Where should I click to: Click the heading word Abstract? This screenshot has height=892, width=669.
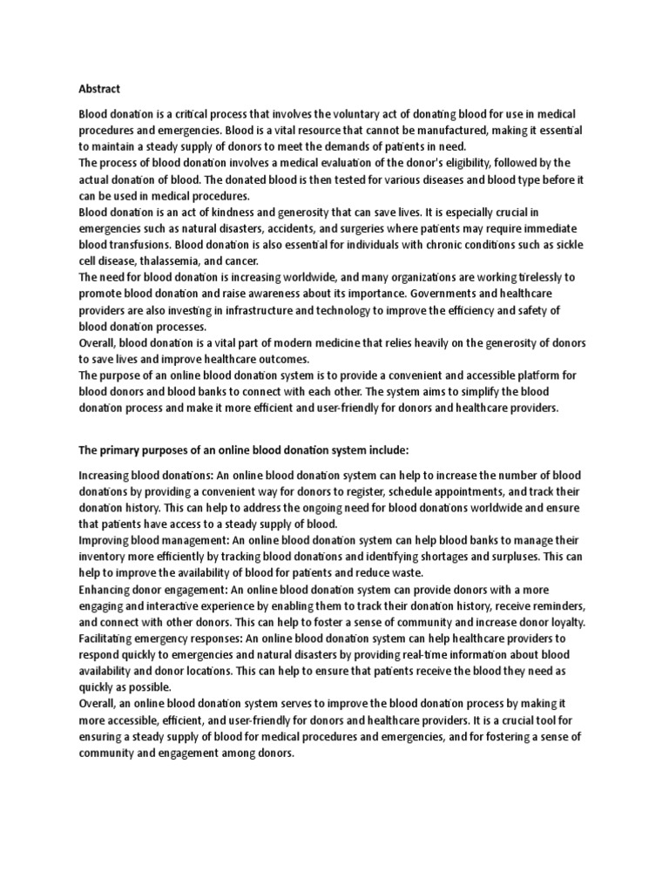coord(99,88)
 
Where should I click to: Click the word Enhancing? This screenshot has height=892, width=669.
coord(106,588)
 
